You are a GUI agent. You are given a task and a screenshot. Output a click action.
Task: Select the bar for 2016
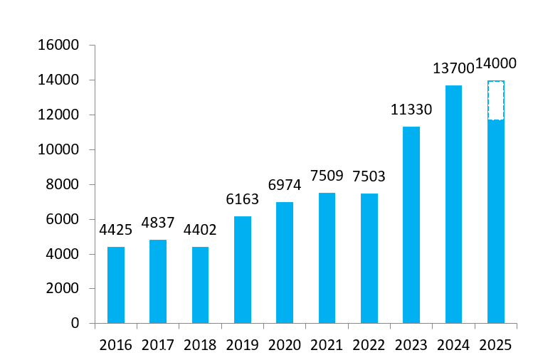click(116, 285)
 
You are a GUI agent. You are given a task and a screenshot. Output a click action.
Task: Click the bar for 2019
click(243, 270)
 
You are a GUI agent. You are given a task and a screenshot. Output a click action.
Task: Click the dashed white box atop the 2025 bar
click(495, 100)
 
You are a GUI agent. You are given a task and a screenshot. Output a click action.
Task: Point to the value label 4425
click(115, 232)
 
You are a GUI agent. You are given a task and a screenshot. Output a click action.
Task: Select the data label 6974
click(285, 185)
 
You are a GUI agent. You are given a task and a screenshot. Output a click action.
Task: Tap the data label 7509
click(327, 175)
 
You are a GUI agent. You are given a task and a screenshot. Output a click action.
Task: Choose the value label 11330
click(411, 110)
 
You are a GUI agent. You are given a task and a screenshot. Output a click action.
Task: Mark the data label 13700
click(453, 68)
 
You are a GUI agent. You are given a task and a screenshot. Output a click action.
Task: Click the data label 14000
click(496, 64)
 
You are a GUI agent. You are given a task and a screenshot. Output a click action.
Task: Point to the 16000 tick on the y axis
click(60, 46)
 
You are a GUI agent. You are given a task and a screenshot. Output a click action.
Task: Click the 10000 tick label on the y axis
click(60, 150)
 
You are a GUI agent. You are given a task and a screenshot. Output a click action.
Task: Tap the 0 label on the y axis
click(75, 324)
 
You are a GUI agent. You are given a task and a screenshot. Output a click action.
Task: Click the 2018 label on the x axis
click(201, 345)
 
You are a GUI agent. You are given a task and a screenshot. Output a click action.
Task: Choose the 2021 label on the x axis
click(327, 345)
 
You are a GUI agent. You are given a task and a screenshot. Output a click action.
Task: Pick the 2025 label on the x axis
click(495, 345)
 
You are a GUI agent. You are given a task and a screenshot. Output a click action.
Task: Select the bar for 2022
click(369, 258)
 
